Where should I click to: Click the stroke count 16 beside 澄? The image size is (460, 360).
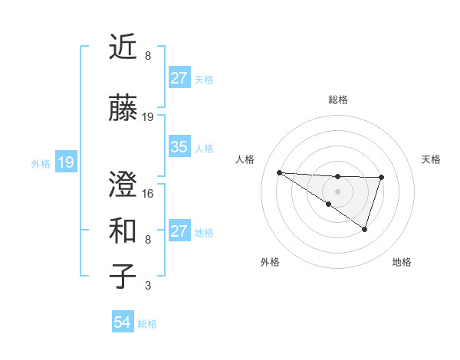pyautogui.click(x=148, y=194)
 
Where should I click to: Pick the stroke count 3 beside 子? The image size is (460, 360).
pyautogui.click(x=148, y=286)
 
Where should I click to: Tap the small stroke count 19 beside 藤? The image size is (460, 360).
pyautogui.click(x=148, y=117)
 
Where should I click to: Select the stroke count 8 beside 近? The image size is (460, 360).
pyautogui.click(x=148, y=57)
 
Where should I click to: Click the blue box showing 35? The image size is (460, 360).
pyautogui.click(x=179, y=148)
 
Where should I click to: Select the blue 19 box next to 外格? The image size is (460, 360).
pyautogui.click(x=65, y=162)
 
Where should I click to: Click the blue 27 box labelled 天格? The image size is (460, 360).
pyautogui.click(x=179, y=78)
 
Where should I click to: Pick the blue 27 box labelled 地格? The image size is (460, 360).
pyautogui.click(x=179, y=231)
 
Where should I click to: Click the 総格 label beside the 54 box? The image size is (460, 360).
pyautogui.click(x=147, y=324)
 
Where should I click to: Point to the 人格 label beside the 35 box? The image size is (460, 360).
pyautogui.click(x=204, y=149)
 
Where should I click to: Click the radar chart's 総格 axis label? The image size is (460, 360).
pyautogui.click(x=337, y=100)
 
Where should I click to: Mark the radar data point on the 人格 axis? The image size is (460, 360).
pyautogui.click(x=279, y=172)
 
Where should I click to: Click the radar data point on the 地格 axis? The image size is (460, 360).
pyautogui.click(x=365, y=229)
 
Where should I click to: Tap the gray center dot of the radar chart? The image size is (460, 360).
pyautogui.click(x=337, y=191)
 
